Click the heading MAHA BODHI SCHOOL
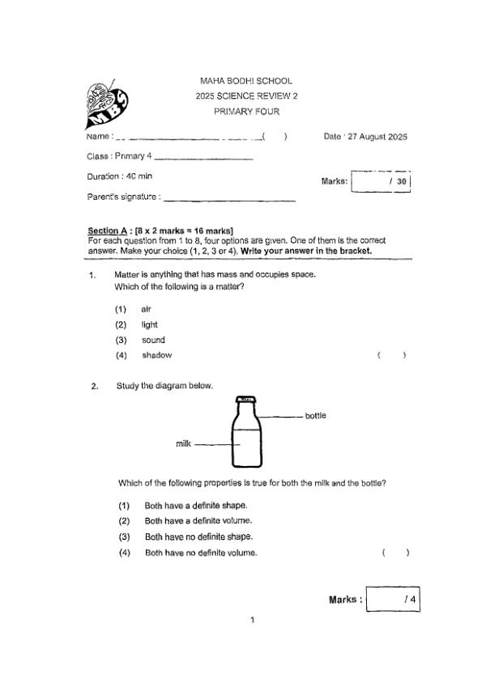coord(245,81)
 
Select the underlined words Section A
coord(109,231)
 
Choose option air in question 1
coord(146,309)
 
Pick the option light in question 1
coord(149,324)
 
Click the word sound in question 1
coord(153,340)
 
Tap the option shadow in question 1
coord(156,355)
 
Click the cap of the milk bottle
coord(245,399)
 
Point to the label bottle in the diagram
coord(316,416)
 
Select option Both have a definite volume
coord(198,520)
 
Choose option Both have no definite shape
coord(198,536)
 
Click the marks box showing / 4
coord(393,600)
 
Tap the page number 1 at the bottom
coord(253,620)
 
